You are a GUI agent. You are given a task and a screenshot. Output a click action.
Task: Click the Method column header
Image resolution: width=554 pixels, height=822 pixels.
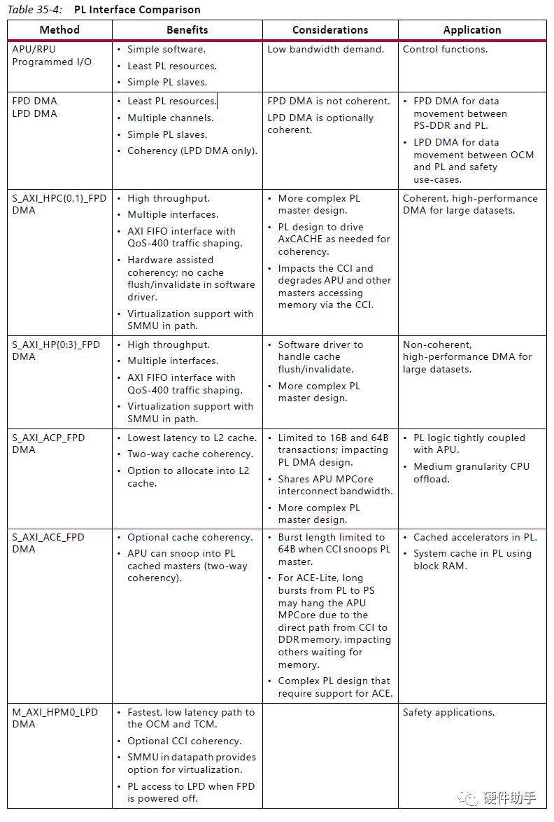[59, 30]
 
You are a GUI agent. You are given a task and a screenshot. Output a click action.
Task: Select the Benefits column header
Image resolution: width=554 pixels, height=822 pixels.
[187, 30]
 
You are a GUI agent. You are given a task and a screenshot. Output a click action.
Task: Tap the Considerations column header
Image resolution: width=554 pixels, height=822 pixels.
[330, 30]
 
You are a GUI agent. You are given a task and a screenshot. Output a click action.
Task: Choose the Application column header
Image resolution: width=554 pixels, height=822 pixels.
[472, 30]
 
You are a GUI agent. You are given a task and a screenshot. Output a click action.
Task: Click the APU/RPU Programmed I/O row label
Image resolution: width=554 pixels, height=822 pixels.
[52, 56]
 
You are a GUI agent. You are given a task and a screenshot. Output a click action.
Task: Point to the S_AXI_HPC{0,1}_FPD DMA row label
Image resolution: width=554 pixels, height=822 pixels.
[59, 204]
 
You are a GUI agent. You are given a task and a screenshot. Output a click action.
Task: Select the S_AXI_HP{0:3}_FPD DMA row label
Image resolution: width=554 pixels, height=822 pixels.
[56, 351]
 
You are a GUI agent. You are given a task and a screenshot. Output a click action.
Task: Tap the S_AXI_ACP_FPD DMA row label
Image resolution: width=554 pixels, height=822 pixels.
[48, 444]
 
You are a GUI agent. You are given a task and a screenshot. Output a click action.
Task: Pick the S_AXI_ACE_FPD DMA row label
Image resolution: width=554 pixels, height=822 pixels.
[48, 543]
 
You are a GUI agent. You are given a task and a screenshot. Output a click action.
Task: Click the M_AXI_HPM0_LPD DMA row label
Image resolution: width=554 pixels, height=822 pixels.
[55, 718]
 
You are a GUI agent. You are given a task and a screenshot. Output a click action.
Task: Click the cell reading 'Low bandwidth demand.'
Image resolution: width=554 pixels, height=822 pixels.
[325, 50]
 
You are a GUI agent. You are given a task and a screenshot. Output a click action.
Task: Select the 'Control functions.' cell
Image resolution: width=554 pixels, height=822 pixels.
[445, 50]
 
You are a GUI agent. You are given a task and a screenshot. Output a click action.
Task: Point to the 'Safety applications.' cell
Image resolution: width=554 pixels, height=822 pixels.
[448, 713]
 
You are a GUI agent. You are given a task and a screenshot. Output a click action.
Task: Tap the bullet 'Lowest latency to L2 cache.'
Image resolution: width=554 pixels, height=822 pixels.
[192, 438]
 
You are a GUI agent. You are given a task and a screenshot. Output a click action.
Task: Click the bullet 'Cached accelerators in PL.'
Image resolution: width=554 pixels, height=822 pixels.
[475, 538]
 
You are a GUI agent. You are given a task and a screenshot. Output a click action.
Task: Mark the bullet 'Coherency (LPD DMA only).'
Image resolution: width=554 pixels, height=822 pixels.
[192, 151]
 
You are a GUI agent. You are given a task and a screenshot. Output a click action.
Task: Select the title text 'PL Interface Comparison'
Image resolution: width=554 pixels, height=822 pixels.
[137, 10]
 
